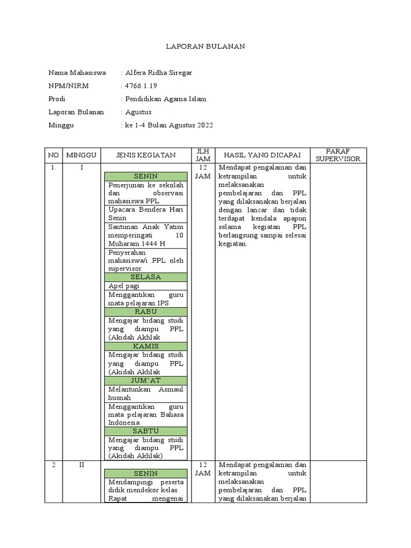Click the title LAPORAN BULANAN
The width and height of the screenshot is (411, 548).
pos(205,47)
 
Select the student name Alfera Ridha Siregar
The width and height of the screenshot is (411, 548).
pos(158,73)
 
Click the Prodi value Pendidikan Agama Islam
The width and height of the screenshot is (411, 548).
pos(165,99)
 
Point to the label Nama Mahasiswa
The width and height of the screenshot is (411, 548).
pos(77,73)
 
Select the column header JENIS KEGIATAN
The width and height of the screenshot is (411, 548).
pos(146,155)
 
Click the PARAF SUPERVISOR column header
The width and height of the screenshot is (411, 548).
pos(338,155)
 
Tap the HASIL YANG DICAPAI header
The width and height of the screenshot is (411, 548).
pos(262,155)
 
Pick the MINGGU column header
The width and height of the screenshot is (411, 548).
pos(81,155)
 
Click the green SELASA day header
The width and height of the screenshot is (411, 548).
pos(146,277)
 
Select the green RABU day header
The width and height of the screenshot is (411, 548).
pos(146,311)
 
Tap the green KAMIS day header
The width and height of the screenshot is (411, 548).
pos(146,346)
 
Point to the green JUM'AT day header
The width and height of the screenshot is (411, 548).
pos(146,380)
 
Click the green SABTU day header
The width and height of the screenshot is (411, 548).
pos(146,431)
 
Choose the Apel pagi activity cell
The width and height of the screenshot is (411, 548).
pos(146,286)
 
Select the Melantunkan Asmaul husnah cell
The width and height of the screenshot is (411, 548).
pos(146,393)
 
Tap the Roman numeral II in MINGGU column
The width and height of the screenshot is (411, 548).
pos(81,465)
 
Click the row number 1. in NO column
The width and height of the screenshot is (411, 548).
pos(54,168)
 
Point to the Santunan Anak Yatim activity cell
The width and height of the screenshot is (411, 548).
pos(146,235)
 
